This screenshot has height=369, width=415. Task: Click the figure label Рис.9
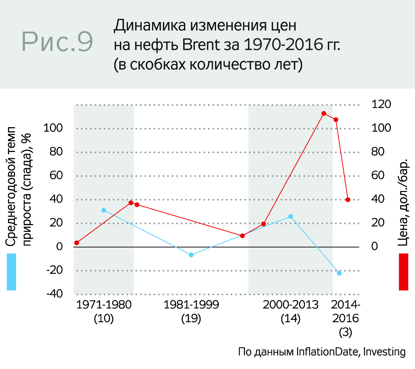pos(57,42)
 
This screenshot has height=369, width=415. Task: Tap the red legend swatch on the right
pos(404,272)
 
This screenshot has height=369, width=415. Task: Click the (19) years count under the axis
pos(191,319)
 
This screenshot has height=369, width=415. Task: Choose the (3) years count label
pos(345,333)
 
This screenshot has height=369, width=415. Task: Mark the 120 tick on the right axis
pos(381,104)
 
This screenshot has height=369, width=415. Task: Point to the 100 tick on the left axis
pos(54,128)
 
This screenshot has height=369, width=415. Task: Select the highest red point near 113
pos(324,113)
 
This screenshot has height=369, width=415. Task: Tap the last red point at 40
pos(348,199)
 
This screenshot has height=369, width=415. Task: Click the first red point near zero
pos(77,243)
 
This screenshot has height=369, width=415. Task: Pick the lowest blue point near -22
pos(339,273)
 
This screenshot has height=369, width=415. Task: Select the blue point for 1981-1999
pos(192,255)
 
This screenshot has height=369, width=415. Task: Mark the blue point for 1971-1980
pos(104,210)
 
